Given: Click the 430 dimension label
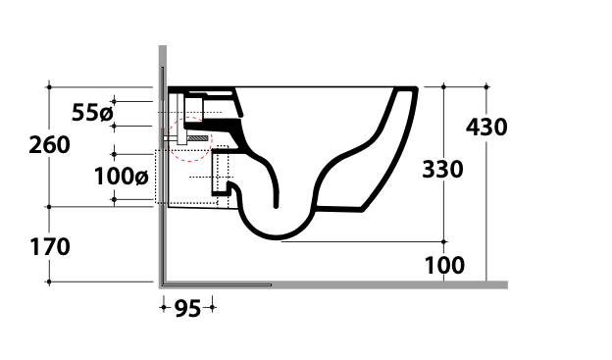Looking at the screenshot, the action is (486, 128).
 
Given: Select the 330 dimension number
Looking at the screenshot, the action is (442, 170).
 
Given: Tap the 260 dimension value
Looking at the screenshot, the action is (50, 145).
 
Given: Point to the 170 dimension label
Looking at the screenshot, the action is (50, 247).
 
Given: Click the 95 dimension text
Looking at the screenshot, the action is (187, 308).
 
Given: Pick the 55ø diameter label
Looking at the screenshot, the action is (92, 113).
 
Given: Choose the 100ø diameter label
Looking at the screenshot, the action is (122, 177).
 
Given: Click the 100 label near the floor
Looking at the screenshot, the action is (444, 266).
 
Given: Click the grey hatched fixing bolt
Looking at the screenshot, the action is (198, 138).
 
